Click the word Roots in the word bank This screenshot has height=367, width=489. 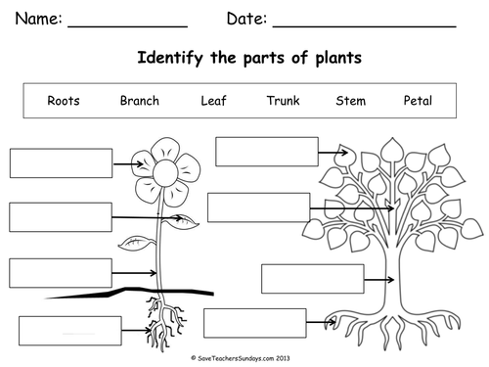pos(64,101)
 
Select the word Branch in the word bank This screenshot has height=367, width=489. pos(139,101)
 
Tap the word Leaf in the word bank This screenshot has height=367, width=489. pos(213,101)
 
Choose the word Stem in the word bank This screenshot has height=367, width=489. pos(350,101)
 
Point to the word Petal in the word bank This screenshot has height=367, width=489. pos(418,101)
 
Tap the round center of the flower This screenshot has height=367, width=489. pos(163,173)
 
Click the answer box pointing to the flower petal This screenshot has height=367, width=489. pos(61,162)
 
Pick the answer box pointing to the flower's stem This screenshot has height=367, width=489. pos(61,273)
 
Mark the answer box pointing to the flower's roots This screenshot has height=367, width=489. pos(68,331)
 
